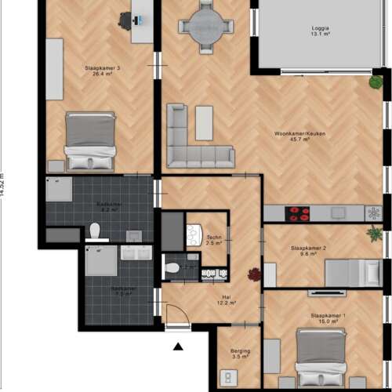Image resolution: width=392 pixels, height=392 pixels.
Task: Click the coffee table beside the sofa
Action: pyautogui.click(x=205, y=122)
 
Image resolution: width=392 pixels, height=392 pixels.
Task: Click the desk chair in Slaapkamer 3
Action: pyautogui.click(x=125, y=20)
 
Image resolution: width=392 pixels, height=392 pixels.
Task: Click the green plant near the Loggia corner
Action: pyautogui.click(x=376, y=81)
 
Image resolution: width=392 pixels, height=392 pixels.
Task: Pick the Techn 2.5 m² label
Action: pyautogui.click(x=214, y=240)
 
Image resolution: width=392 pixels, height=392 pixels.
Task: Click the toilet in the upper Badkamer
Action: pyautogui.click(x=95, y=230)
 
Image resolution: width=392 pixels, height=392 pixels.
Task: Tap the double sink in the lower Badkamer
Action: pyautogui.click(x=136, y=253)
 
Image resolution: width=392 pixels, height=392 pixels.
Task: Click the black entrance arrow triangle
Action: pyautogui.click(x=178, y=346)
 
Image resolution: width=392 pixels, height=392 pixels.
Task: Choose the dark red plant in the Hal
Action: pyautogui.click(x=254, y=274)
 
